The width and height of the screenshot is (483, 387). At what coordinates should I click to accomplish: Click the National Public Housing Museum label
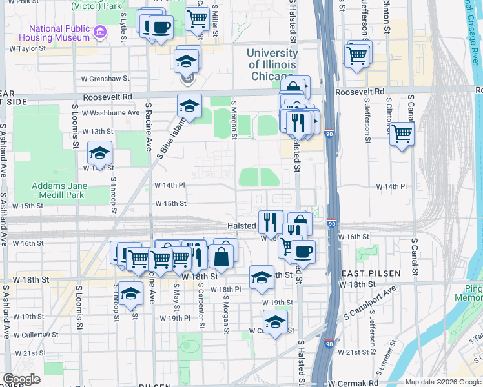(x=58, y=33)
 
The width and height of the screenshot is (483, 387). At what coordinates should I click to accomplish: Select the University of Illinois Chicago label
(x=273, y=64)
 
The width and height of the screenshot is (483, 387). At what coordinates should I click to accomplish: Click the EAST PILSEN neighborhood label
(x=371, y=273)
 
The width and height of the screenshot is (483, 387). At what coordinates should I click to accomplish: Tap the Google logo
(x=21, y=379)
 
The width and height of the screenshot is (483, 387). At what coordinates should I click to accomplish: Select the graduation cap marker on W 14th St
(x=99, y=154)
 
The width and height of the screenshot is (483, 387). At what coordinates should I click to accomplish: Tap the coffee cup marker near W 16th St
(x=302, y=252)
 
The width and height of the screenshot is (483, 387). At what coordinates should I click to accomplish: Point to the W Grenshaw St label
(x=105, y=79)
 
